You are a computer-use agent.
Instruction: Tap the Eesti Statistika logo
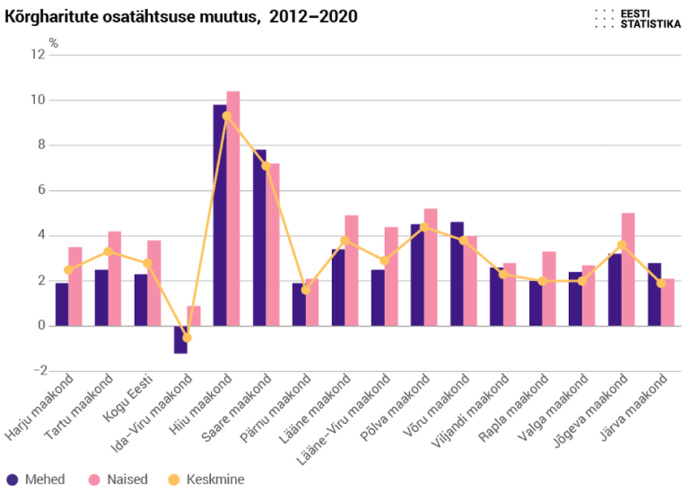[x=637, y=19]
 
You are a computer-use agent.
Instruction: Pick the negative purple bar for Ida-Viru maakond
[x=181, y=340]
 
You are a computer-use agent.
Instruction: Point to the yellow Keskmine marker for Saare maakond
[x=266, y=166]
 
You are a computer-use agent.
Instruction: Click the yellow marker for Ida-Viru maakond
[x=187, y=337]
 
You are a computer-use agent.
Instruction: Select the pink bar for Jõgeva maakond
[x=628, y=270]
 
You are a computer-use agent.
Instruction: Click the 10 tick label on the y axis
[x=38, y=101]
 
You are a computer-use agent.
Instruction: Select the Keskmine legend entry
[x=206, y=479]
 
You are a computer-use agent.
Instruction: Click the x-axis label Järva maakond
[x=637, y=407]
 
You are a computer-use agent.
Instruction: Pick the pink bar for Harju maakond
[x=75, y=286]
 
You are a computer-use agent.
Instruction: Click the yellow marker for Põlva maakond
[x=424, y=227]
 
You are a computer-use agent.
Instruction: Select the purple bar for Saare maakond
[x=259, y=238]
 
